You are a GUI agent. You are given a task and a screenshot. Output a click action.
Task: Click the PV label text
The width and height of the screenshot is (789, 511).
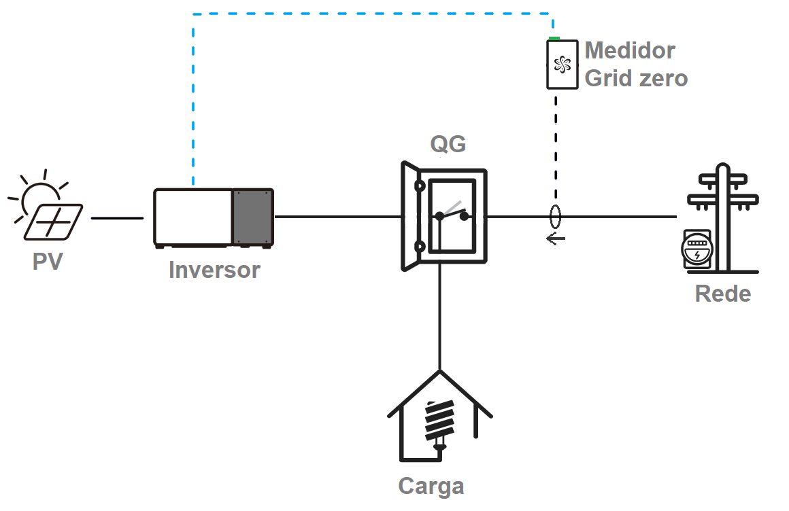pyautogui.click(x=48, y=262)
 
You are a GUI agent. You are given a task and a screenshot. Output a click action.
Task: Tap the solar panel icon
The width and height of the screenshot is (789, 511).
pyautogui.click(x=54, y=222)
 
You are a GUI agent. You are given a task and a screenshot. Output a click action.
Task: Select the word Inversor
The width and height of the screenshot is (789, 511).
pyautogui.click(x=214, y=270)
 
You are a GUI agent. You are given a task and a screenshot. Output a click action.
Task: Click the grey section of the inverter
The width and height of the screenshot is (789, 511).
pyautogui.click(x=252, y=217)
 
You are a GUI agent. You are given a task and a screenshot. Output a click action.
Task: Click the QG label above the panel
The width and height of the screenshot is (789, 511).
pyautogui.click(x=448, y=144)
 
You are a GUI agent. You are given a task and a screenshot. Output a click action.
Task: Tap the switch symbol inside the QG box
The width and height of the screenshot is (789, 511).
pyautogui.click(x=452, y=213)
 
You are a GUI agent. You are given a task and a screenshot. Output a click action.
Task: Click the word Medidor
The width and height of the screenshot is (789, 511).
pyautogui.click(x=630, y=50)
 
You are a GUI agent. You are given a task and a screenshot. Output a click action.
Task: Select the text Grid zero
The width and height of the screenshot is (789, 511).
pyautogui.click(x=636, y=78)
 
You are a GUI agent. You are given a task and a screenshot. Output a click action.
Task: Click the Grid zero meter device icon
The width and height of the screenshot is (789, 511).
pyautogui.click(x=562, y=65)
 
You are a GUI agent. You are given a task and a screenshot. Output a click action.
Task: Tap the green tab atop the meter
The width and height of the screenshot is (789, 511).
pyautogui.click(x=554, y=39)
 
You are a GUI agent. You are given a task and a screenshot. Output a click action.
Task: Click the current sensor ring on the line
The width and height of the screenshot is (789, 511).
pyautogui.click(x=556, y=217)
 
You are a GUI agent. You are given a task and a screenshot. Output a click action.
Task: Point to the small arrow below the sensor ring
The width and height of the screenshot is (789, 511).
pyautogui.click(x=556, y=239)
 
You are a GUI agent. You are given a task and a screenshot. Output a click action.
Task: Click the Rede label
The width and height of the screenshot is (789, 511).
pyautogui.click(x=722, y=294)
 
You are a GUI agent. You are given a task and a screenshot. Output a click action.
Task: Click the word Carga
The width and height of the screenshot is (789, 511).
pyautogui.click(x=431, y=486)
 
